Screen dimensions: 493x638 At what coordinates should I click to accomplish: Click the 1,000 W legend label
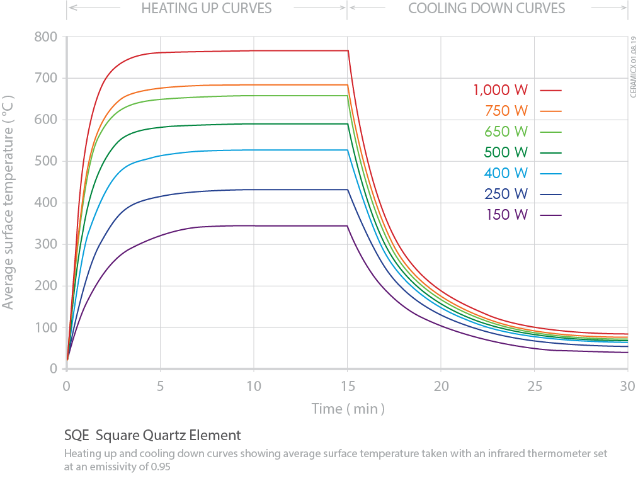coord(501,90)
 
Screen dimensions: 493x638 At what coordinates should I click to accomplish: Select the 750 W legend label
coord(506,111)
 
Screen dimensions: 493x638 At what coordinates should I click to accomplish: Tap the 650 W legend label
coord(506,132)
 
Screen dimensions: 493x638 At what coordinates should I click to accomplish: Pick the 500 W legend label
coord(506,152)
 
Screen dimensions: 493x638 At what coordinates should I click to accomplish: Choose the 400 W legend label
coord(506,173)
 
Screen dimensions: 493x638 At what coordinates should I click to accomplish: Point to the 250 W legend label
coord(506,194)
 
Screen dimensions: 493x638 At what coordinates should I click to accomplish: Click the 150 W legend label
coord(506,215)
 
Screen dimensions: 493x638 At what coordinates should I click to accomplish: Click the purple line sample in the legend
coord(550,215)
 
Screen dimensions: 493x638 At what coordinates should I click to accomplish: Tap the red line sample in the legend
coord(550,90)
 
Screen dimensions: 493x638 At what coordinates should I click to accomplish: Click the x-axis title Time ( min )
coord(348,409)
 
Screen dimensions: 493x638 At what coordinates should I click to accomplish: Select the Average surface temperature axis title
coord(8,203)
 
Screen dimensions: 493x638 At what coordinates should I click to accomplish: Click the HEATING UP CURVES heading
coord(206,9)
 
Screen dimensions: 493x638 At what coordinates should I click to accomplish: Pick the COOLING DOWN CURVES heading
coord(487,9)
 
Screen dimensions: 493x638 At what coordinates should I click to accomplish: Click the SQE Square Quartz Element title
coord(152,435)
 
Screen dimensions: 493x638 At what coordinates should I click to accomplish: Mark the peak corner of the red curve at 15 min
coord(348,51)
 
